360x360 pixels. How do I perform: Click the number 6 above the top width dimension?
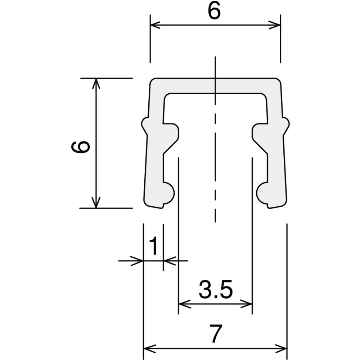(x=214, y=12)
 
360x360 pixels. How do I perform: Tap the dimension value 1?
(x=153, y=246)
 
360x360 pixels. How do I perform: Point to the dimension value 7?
(x=215, y=334)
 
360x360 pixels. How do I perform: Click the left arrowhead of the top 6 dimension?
(x=155, y=24)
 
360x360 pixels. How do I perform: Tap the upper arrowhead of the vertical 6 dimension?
(x=96, y=84)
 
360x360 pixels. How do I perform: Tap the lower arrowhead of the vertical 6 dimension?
(x=96, y=203)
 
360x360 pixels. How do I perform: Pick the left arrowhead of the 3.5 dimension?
(x=184, y=305)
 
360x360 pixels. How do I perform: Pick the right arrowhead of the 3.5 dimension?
(x=247, y=305)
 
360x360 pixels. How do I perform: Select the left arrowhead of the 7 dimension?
(x=149, y=349)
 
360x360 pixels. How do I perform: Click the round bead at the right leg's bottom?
(x=262, y=193)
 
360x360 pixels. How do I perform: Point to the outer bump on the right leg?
(x=285, y=126)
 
